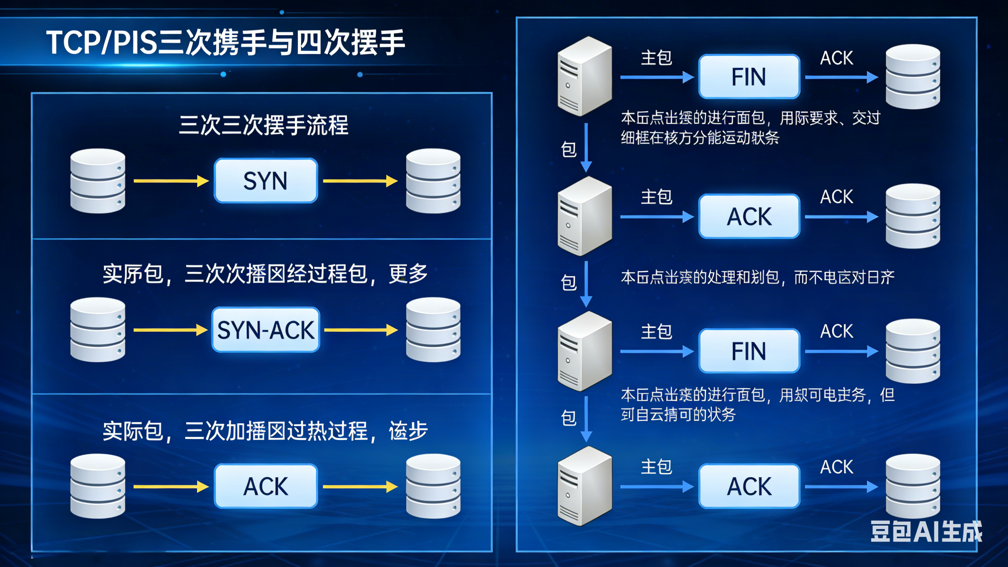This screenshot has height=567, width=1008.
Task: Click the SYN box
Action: (266, 181)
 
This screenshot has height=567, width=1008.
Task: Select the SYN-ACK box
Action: (266, 330)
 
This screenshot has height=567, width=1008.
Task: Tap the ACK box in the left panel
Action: (266, 486)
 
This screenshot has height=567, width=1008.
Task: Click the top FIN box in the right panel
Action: (749, 77)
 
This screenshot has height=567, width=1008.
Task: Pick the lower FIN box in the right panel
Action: (749, 351)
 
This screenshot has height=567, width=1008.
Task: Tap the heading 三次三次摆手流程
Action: (263, 125)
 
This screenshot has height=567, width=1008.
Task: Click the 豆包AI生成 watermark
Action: (926, 532)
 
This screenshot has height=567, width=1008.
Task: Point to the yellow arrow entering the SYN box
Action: (171, 181)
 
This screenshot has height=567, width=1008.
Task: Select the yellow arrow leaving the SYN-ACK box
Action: (361, 330)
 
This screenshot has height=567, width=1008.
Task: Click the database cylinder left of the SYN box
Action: (98, 181)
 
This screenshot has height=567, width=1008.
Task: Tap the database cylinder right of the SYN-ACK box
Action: (433, 330)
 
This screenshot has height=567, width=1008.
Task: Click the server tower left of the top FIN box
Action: (584, 76)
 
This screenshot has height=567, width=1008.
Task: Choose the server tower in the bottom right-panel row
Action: (584, 486)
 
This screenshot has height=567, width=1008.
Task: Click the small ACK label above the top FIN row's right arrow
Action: (837, 58)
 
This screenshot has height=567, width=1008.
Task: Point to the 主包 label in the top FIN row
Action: (656, 58)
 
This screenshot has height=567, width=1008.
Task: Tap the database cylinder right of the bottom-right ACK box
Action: (912, 486)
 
